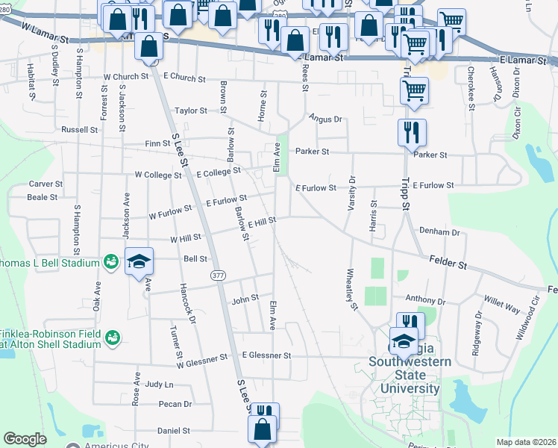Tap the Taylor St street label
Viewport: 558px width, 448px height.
(x=190, y=111)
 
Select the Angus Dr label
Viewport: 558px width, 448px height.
(x=325, y=119)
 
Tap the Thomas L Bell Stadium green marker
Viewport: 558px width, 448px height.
(x=111, y=262)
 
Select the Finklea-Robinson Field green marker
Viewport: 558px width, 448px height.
(x=113, y=338)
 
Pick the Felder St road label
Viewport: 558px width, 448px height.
(x=448, y=263)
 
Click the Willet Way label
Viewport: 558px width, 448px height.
(x=503, y=306)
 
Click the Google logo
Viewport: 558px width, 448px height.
(x=25, y=438)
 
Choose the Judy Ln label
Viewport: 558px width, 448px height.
(x=159, y=385)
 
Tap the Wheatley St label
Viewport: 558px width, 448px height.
(x=349, y=288)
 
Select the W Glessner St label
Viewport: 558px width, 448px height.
(x=201, y=361)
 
